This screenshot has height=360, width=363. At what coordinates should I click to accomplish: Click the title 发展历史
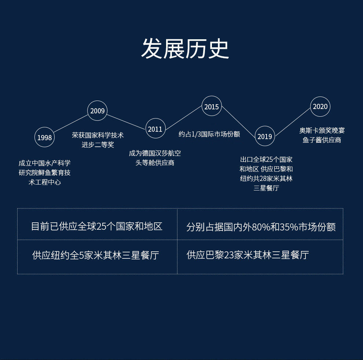(185, 49)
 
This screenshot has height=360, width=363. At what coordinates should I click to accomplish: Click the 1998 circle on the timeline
(44, 138)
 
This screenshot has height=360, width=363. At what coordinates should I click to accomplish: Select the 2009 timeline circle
(98, 111)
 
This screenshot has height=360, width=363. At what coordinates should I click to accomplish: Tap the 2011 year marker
(155, 129)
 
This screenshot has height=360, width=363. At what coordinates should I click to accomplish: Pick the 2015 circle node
(212, 107)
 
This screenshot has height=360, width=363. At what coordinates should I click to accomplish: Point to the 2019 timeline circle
(265, 136)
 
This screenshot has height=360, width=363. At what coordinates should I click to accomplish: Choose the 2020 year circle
(320, 106)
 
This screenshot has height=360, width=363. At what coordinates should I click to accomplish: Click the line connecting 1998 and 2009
(71, 124)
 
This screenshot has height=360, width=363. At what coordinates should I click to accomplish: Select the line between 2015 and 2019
(238, 122)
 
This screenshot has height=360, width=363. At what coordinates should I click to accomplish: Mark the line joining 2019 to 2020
(293, 121)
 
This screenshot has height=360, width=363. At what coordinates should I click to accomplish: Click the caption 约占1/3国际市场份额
(209, 134)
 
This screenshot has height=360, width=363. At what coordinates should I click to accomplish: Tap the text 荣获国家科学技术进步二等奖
(98, 140)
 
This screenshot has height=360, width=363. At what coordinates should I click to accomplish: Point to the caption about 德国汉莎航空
(155, 158)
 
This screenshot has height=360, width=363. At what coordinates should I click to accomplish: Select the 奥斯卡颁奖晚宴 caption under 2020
(322, 135)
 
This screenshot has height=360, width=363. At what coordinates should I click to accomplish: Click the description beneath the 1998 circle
(45, 172)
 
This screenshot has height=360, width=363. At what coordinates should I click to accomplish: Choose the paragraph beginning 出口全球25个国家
(266, 174)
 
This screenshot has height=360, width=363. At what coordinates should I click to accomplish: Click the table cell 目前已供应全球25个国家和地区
(97, 226)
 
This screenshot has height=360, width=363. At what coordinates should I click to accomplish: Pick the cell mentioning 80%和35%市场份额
(261, 227)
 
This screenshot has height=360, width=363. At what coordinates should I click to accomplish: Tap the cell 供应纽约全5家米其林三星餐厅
(96, 255)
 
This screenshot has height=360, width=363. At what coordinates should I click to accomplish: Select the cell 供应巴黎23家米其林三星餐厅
(247, 255)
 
